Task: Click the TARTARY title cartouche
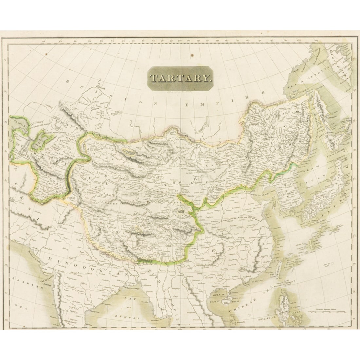[180, 78]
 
